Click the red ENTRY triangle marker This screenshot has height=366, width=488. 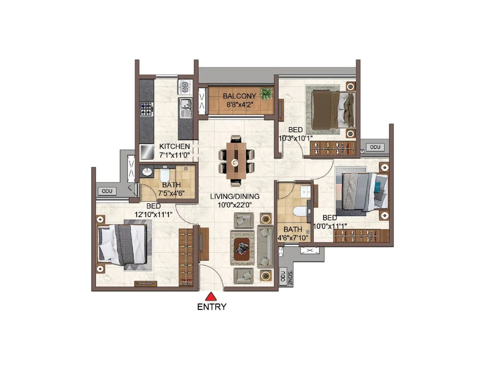pos(211,297)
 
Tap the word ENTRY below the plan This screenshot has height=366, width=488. pos(212,307)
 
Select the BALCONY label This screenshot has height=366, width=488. pos(239,96)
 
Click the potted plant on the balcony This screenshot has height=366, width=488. pos(266,94)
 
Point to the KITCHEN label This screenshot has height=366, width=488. pos(174,146)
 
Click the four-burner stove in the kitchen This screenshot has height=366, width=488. pos(146,109)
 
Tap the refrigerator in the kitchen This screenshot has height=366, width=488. pos(147,152)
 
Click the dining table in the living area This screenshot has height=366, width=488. pos(236,161)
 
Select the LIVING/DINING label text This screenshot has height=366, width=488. pos(235,196)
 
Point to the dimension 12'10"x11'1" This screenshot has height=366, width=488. pos(153,215)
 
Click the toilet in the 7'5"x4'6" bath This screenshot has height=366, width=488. pos(165,175)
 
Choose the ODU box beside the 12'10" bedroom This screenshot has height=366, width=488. pos(107,191)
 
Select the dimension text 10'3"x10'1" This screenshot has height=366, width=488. pos(295,138)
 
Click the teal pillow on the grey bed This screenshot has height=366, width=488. pos(378,187)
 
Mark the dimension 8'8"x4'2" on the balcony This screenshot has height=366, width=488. pos(239,105)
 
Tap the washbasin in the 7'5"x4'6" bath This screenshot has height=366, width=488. pos(147,172)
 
